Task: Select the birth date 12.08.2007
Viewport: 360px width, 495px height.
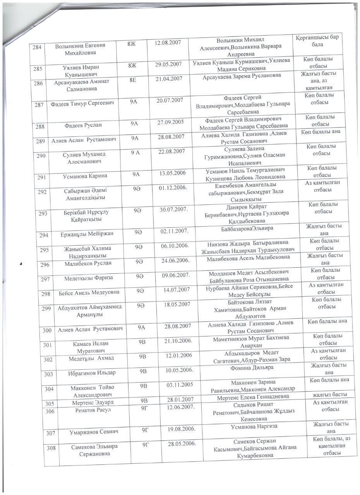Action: (168, 42)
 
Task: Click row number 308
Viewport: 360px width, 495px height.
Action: (51, 448)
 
